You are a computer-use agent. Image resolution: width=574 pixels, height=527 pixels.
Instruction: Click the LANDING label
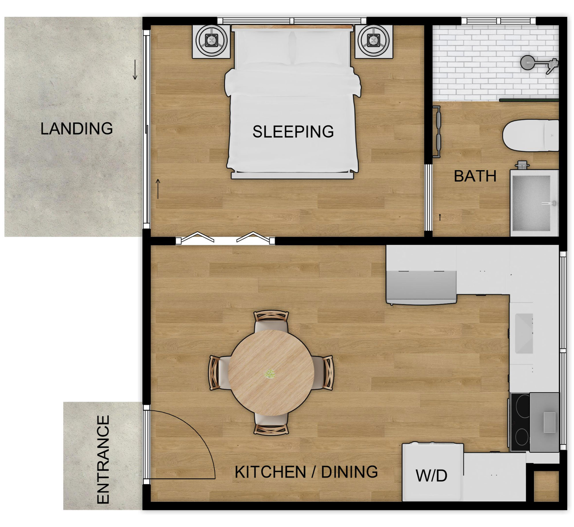pyautogui.click(x=76, y=128)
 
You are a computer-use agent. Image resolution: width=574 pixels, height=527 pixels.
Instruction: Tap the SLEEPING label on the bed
pyautogui.click(x=293, y=132)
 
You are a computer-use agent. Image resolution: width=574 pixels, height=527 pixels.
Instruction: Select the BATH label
pyautogui.click(x=475, y=176)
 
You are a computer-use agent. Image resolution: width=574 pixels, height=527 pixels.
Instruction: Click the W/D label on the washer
pyautogui.click(x=431, y=476)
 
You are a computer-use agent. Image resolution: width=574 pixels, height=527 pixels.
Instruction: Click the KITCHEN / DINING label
pyautogui.click(x=306, y=472)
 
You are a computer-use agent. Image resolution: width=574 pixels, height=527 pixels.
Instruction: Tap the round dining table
pyautogui.click(x=271, y=373)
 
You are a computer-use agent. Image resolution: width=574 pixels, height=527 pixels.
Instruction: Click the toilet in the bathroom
pyautogui.click(x=530, y=136)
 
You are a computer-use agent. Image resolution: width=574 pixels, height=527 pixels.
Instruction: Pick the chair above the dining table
pyautogui.click(x=271, y=322)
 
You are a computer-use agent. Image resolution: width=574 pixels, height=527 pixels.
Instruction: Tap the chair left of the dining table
pyautogui.click(x=219, y=373)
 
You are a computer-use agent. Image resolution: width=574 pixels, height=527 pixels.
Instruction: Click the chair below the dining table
pyautogui.click(x=271, y=423)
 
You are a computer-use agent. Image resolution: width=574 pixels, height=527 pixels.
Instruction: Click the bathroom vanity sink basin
pyautogui.click(x=532, y=203)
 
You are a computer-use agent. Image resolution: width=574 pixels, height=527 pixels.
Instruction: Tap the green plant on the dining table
pyautogui.click(x=270, y=374)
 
